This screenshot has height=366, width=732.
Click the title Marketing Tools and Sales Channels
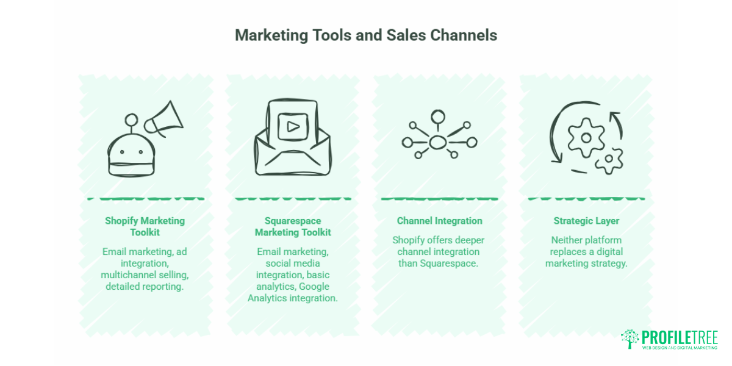pos(366,35)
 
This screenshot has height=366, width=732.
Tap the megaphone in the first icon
pos(164,120)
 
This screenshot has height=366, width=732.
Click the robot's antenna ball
pos(131,120)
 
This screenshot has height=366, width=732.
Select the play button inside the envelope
pos(293,127)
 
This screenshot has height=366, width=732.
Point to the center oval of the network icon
pos(438,143)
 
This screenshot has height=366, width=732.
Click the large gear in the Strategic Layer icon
pos(586,138)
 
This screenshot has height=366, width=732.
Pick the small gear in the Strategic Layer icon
pos(609,160)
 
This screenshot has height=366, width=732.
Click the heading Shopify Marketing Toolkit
pos(145,226)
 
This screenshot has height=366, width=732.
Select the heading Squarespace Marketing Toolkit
pos(293,226)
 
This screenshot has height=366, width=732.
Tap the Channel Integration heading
pos(440,221)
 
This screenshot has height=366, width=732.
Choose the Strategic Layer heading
pos(586,221)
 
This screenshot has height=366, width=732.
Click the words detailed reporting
pos(145,287)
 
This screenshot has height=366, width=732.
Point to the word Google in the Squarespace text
pos(314,287)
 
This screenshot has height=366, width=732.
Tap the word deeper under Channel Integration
pos(468,240)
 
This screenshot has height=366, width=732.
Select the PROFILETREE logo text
pos(680,337)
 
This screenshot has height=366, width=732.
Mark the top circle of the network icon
pos(438,117)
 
